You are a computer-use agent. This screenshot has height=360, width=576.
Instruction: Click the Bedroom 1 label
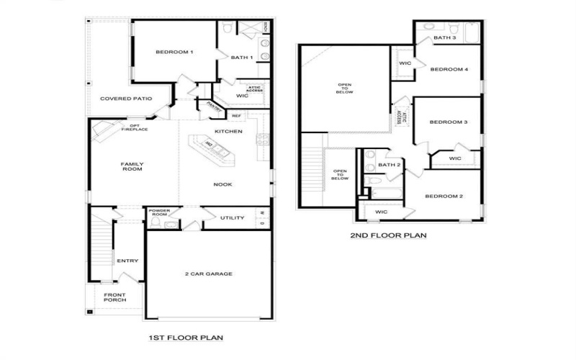click(175, 53)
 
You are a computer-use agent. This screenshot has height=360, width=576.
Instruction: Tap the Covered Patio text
click(126, 99)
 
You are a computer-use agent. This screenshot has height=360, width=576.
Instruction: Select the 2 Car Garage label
click(209, 274)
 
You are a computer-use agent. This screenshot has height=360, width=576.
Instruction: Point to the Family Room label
click(132, 167)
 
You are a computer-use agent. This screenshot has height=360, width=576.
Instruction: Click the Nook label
click(222, 184)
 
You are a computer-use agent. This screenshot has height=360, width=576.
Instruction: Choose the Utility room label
click(233, 218)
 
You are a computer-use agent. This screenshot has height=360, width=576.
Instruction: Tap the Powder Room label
click(159, 213)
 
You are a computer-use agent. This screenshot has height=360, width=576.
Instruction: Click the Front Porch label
click(114, 298)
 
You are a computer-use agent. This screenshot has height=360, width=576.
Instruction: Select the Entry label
click(127, 261)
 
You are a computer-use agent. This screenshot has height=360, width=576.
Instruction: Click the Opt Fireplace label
click(130, 127)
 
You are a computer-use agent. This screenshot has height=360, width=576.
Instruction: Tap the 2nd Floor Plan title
click(389, 235)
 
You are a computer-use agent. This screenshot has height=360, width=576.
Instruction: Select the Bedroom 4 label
click(449, 70)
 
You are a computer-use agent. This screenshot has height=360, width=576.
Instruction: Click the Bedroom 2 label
click(444, 197)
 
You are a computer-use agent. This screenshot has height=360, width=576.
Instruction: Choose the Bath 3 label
click(445, 37)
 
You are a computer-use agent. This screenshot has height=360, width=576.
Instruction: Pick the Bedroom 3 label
click(449, 122)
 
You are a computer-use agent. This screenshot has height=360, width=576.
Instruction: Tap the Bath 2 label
click(389, 165)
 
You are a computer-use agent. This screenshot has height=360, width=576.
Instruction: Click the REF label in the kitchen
click(236, 116)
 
